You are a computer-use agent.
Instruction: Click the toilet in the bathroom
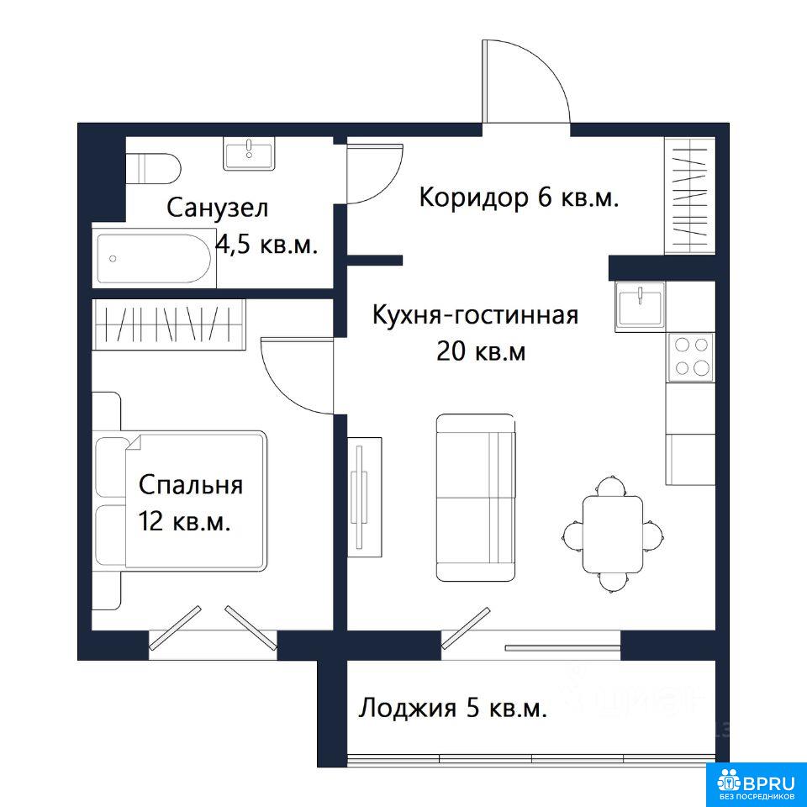[x=153, y=168]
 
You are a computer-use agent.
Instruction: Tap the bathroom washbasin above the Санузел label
[x=249, y=153]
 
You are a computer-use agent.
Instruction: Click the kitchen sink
[x=641, y=307]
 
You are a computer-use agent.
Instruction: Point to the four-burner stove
[x=691, y=356]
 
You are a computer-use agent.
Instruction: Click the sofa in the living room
[x=476, y=497]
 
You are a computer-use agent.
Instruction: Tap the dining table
[x=613, y=535]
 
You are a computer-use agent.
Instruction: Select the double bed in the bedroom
[x=180, y=499]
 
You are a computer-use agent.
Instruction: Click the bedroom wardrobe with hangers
[x=169, y=324]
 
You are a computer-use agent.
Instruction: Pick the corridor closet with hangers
[x=689, y=196]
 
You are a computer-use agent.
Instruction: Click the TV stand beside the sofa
[x=364, y=497]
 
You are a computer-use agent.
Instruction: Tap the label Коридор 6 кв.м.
[x=519, y=197]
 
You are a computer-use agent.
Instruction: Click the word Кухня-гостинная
[x=476, y=314]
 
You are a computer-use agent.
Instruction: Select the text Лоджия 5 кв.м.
[x=453, y=708]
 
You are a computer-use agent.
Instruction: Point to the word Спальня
[x=191, y=485]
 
